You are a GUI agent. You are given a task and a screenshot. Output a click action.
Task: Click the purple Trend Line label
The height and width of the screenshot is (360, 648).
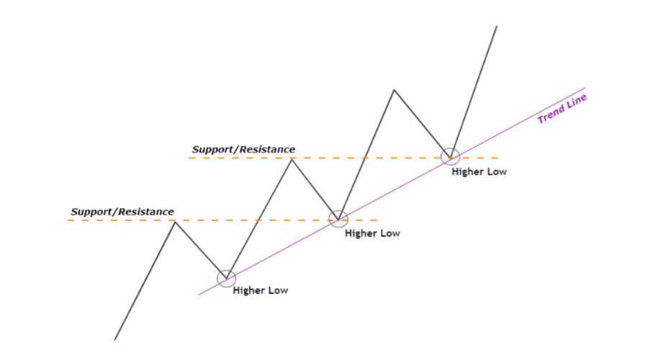click(x=562, y=109)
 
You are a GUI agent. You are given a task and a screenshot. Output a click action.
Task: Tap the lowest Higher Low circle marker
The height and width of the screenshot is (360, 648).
click(x=226, y=278)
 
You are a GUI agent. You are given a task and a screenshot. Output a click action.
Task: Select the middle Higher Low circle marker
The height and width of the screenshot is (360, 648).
click(x=338, y=218)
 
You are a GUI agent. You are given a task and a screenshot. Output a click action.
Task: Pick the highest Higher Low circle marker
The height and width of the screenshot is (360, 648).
click(x=450, y=156)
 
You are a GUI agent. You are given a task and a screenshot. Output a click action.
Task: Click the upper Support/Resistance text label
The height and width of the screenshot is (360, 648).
click(x=243, y=149)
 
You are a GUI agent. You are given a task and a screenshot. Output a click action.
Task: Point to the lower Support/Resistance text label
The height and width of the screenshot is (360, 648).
click(x=122, y=212)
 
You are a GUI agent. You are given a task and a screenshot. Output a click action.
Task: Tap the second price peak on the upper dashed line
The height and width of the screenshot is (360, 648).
click(x=292, y=158)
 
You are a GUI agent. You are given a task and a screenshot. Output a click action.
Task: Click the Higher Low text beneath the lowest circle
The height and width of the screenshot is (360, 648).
click(x=260, y=291)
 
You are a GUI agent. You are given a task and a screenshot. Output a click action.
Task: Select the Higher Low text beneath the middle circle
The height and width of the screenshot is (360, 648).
click(x=372, y=233)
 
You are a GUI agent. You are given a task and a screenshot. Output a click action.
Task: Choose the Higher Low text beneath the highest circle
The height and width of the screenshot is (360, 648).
click(x=479, y=172)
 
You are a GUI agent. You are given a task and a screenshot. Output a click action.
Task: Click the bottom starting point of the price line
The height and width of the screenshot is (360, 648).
click(x=114, y=339)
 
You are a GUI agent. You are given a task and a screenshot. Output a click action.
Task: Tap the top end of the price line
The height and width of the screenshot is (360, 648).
click(x=497, y=26)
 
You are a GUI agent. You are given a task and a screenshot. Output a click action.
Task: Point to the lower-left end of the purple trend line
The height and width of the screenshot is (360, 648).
click(x=198, y=294)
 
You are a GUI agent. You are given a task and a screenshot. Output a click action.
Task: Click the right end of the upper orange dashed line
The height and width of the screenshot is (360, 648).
click(x=498, y=158)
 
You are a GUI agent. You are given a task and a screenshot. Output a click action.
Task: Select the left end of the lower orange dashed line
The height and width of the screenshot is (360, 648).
click(x=68, y=220)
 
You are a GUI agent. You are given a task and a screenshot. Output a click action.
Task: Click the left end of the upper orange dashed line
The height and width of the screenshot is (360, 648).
click(x=189, y=158)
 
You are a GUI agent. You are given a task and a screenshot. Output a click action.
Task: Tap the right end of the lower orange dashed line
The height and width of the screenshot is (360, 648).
click(x=377, y=220)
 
